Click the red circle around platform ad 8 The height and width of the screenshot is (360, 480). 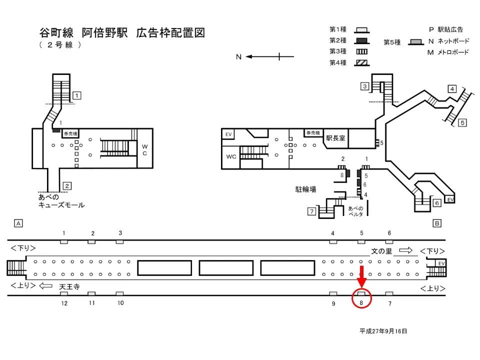[x=361, y=298]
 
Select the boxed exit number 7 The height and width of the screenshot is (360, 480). [x=311, y=211]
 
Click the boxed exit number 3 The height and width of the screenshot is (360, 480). [x=365, y=86]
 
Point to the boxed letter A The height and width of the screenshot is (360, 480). [x=18, y=223]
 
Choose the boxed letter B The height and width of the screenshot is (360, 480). [x=436, y=223]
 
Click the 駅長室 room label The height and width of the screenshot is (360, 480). [x=335, y=137]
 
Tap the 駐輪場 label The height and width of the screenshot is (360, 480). [x=305, y=189]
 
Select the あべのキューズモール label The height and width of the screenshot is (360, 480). [x=61, y=201]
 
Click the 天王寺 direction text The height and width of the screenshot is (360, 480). [x=69, y=286]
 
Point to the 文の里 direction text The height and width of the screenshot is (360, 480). [x=381, y=251]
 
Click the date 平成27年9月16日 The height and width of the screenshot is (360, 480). [x=383, y=331]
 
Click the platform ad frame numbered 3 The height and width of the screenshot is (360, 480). [x=120, y=242]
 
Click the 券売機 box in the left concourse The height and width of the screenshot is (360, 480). [x=70, y=134]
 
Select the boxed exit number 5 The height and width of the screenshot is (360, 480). [x=462, y=122]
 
